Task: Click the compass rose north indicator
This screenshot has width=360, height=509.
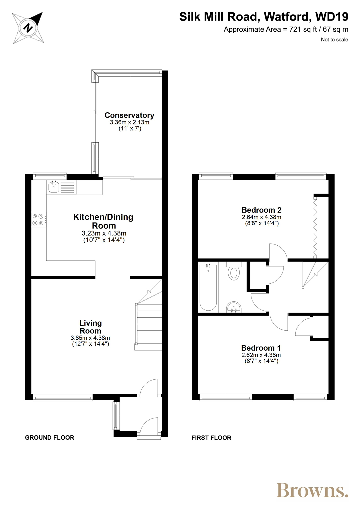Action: (28, 28)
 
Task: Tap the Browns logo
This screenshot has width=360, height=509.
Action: (312, 490)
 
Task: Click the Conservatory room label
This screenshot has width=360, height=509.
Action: (129, 115)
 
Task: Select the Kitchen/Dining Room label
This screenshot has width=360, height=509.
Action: (103, 221)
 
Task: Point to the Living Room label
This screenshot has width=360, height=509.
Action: (91, 327)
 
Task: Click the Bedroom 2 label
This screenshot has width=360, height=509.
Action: (261, 210)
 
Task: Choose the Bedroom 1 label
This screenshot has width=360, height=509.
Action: (261, 348)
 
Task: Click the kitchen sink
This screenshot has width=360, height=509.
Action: (54, 187)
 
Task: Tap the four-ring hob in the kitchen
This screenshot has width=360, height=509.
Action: (39, 220)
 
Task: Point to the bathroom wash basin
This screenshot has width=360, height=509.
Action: (234, 307)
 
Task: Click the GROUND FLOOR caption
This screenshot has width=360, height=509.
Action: (50, 437)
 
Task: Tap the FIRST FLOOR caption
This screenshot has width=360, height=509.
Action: (211, 438)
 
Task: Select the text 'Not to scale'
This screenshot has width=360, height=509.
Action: (334, 39)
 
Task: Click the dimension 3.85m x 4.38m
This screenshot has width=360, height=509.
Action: (90, 338)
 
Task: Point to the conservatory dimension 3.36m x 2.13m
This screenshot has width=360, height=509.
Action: (129, 122)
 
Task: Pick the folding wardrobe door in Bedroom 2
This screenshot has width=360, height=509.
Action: (315, 227)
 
